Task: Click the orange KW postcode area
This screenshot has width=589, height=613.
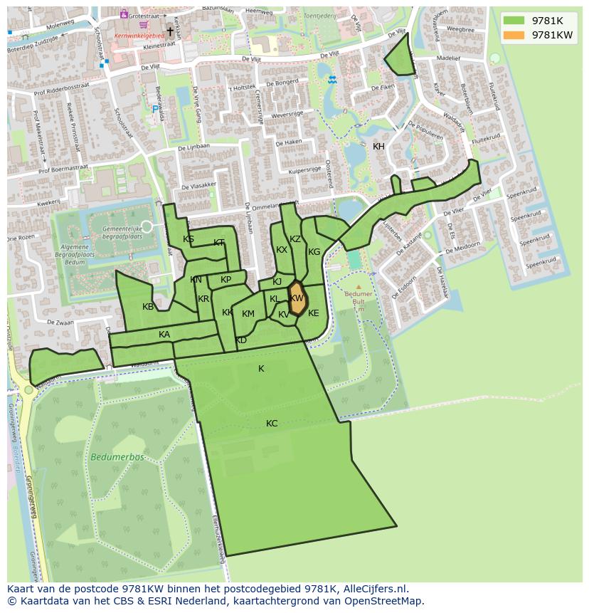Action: click(x=297, y=299)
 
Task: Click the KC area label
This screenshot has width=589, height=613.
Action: click(x=272, y=424)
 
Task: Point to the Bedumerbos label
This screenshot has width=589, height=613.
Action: click(x=117, y=457)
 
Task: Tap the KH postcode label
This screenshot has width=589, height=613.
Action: click(x=378, y=147)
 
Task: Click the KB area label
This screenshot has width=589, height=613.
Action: click(x=148, y=307)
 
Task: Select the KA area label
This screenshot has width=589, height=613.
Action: click(x=164, y=335)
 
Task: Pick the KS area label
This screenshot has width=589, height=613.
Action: click(x=189, y=239)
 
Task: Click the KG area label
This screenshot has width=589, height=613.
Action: click(x=314, y=252)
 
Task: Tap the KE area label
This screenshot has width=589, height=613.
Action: click(x=313, y=313)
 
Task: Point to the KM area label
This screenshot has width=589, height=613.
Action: click(x=248, y=314)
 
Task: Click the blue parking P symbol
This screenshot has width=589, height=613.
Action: click(x=155, y=110)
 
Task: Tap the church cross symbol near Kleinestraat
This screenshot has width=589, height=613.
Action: click(x=170, y=31)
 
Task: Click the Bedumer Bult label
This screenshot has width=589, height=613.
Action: click(x=358, y=297)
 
